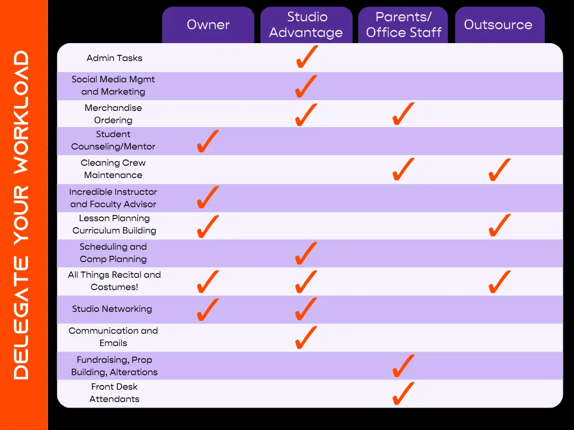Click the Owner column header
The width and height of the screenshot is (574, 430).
(x=208, y=25)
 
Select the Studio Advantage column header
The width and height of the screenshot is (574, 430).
(x=306, y=25)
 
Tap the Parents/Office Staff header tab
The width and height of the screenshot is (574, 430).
(x=404, y=25)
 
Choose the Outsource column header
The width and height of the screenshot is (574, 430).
(x=498, y=25)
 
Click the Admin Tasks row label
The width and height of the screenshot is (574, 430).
(x=114, y=58)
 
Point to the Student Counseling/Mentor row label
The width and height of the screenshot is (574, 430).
(x=113, y=141)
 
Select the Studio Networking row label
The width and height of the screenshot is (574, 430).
(x=112, y=309)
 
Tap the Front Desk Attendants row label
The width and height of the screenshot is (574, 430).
(x=114, y=393)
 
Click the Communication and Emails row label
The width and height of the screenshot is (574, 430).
(x=113, y=337)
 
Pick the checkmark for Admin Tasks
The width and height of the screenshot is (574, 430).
(x=307, y=57)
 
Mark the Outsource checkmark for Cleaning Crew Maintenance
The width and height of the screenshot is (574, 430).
(x=499, y=170)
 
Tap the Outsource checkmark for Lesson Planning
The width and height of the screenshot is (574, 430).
(x=499, y=225)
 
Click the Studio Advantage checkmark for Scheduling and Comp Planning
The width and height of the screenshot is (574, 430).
(x=306, y=253)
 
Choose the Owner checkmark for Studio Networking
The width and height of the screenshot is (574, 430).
(x=207, y=310)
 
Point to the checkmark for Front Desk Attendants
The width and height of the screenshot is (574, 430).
(x=403, y=394)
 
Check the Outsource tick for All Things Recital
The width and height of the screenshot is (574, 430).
(x=499, y=282)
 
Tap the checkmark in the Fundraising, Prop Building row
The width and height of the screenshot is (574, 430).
(x=403, y=366)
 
